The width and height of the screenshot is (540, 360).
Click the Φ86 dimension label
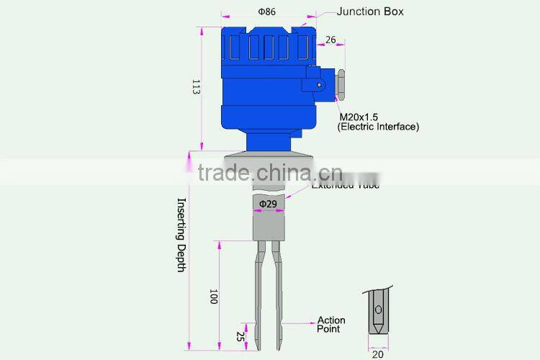coord(266,12)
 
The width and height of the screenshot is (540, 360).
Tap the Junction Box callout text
coord(370,12)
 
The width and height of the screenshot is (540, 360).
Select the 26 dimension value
coord(330,40)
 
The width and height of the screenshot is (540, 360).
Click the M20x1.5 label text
coord(359,117)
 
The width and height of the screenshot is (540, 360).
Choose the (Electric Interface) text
coord(378,127)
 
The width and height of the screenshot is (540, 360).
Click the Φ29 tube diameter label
coord(268,204)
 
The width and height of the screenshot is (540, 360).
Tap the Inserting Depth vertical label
coord(181,235)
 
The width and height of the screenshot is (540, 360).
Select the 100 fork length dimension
coord(213,296)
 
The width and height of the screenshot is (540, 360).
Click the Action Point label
coord(331,325)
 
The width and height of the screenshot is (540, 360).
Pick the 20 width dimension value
coord(378,353)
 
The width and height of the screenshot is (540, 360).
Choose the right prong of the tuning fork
coord(276,295)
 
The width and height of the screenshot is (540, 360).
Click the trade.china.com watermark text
coord(270,174)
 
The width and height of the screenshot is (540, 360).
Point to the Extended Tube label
coord(346,185)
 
